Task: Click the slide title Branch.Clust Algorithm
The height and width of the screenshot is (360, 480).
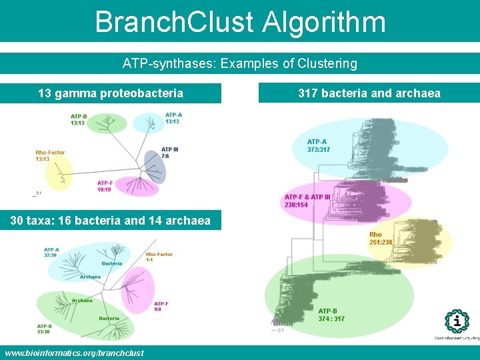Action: pyautogui.click(x=240, y=21)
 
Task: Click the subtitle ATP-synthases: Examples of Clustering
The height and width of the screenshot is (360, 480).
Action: pyautogui.click(x=240, y=64)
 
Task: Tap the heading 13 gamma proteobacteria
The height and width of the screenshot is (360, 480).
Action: pyautogui.click(x=111, y=93)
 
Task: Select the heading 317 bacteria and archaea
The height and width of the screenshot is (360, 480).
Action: pyautogui.click(x=369, y=93)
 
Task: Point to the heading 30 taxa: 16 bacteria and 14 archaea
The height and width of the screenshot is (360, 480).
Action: pyautogui.click(x=111, y=221)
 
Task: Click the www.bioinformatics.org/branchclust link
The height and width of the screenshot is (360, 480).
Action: pyautogui.click(x=74, y=353)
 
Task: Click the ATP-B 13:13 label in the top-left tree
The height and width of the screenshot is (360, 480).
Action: pyautogui.click(x=79, y=120)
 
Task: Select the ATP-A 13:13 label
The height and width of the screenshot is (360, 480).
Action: pyautogui.click(x=173, y=119)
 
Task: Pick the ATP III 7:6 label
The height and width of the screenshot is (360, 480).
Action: pyautogui.click(x=169, y=153)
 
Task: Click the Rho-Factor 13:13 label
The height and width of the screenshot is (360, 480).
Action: pyautogui.click(x=50, y=156)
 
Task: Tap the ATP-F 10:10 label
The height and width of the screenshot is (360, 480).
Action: pyautogui.click(x=105, y=186)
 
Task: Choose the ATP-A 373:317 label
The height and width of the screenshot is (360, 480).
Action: pyautogui.click(x=318, y=145)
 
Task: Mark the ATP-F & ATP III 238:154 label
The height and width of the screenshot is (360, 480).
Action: pyautogui.click(x=307, y=201)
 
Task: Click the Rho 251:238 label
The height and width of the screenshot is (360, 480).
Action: pyautogui.click(x=381, y=238)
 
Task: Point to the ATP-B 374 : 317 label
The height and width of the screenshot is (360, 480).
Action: pyautogui.click(x=331, y=315)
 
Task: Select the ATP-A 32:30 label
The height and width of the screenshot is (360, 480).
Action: pyautogui.click(x=51, y=252)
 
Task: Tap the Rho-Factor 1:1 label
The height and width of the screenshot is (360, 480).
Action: pyautogui.click(x=159, y=256)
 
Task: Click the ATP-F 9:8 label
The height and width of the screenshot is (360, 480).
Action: pyautogui.click(x=161, y=306)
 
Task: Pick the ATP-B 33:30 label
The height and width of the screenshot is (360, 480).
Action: pyautogui.click(x=45, y=329)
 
